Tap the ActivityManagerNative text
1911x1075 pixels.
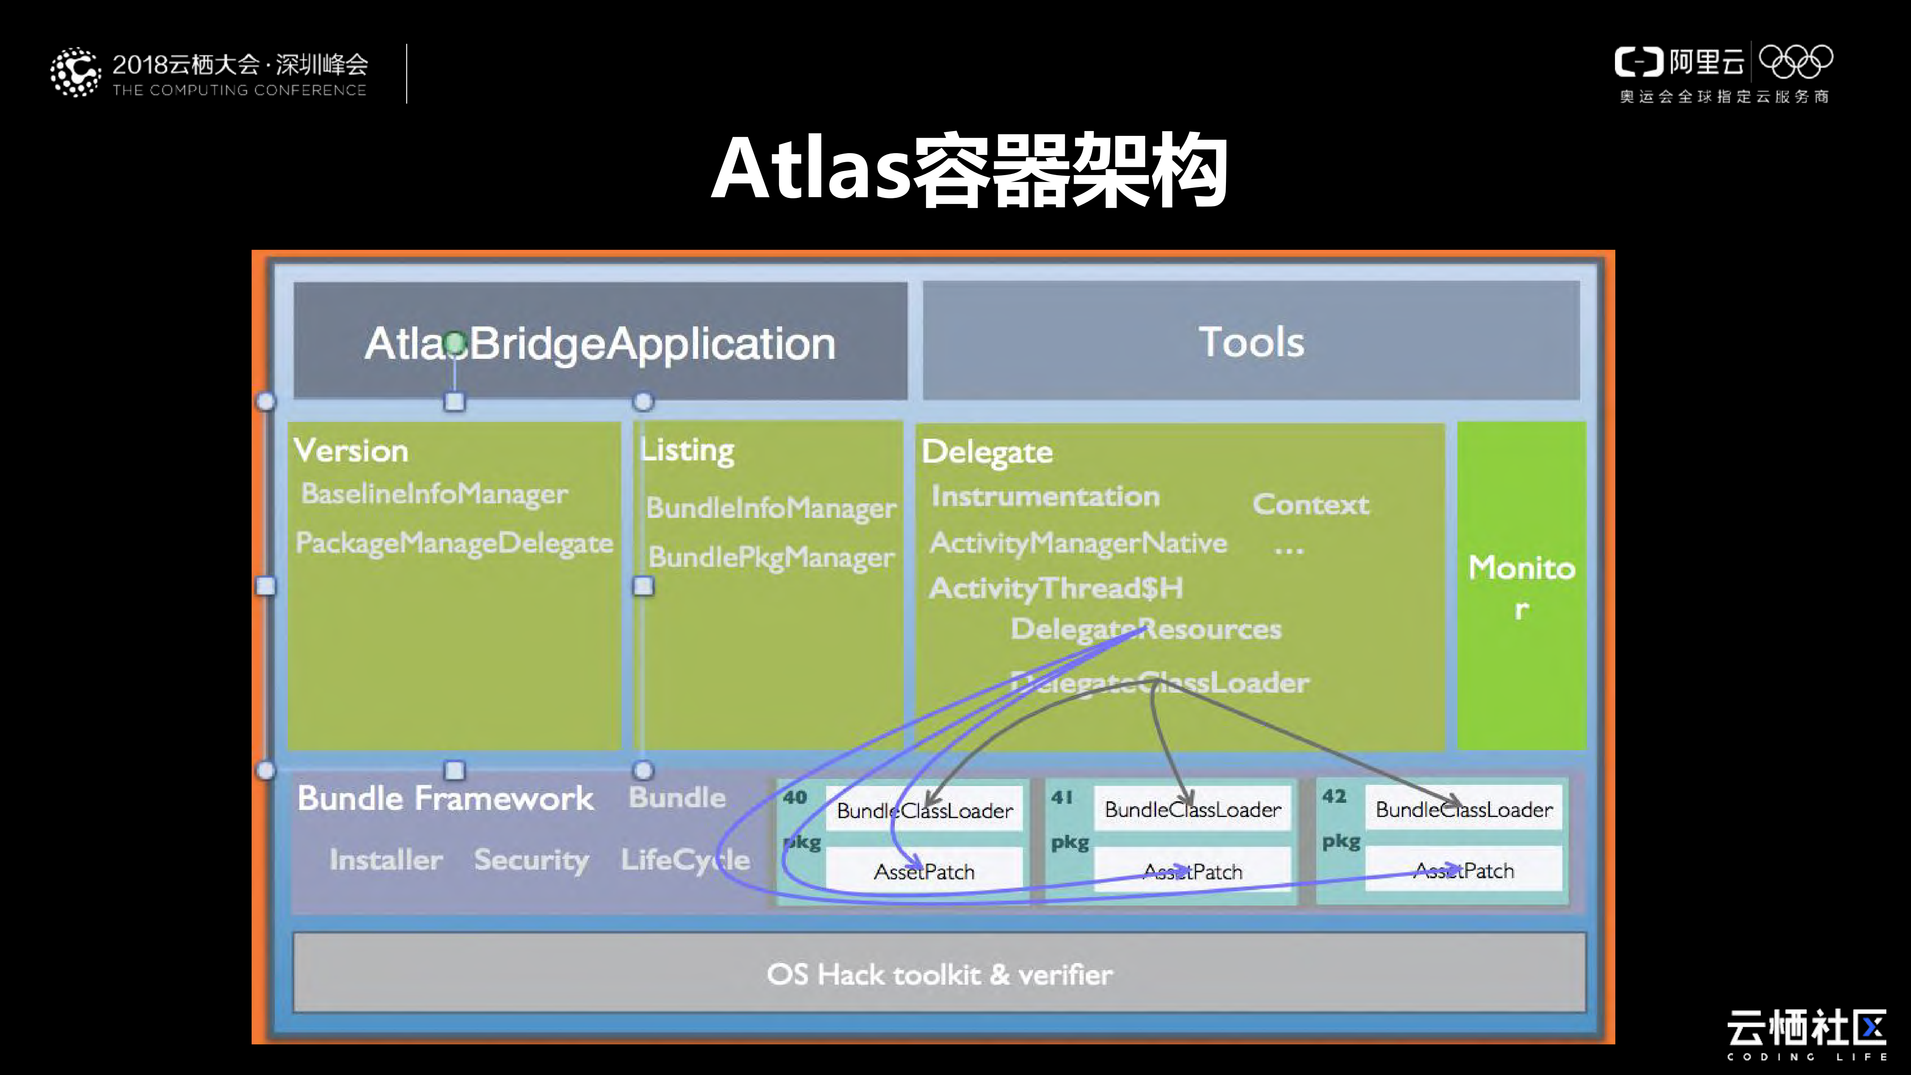(x=1078, y=543)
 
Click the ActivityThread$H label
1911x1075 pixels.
(x=1056, y=588)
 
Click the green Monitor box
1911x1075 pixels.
(x=1522, y=586)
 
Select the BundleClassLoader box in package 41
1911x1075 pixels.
(x=1192, y=810)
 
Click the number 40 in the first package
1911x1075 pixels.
(x=794, y=798)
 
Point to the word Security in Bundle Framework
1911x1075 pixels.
(x=531, y=860)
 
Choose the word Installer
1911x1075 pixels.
(x=386, y=860)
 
